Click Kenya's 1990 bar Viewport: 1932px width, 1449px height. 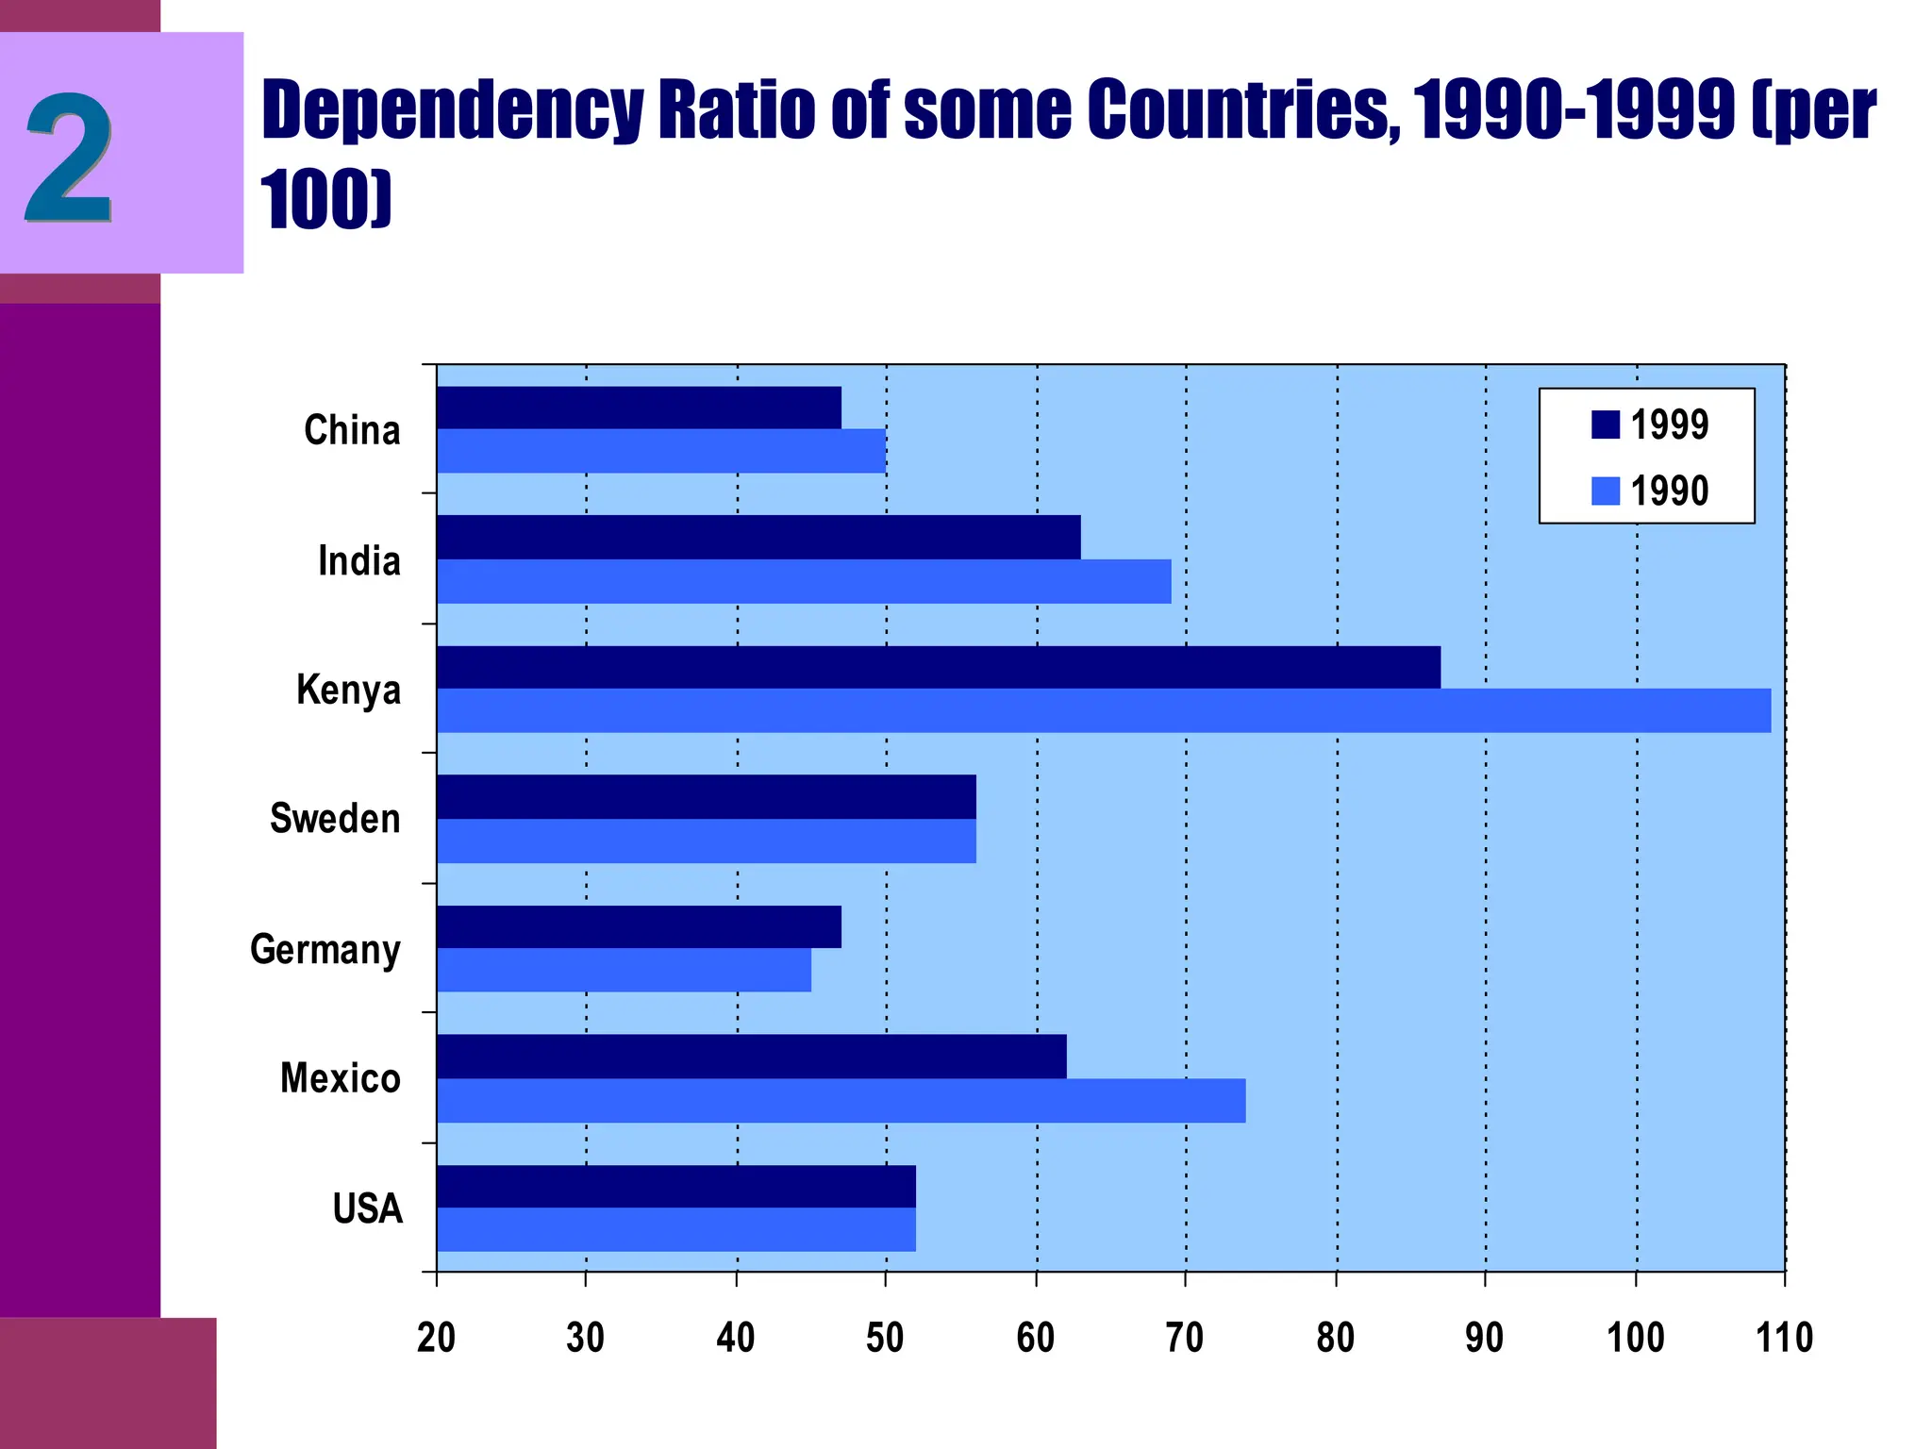click(1104, 710)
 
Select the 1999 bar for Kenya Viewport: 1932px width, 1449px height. click(939, 667)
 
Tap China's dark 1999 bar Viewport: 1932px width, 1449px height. click(639, 408)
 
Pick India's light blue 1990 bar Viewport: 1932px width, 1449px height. click(804, 581)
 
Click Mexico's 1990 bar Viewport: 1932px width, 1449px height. click(841, 1101)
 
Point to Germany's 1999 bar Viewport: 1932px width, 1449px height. click(639, 926)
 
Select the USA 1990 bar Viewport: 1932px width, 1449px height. click(675, 1229)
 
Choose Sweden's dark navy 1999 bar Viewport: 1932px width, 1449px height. click(706, 797)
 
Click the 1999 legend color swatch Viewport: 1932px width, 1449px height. click(1606, 425)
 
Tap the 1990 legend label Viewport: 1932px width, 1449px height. click(1670, 491)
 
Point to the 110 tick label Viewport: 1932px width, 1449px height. click(1784, 1338)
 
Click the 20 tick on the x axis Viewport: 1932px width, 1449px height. click(436, 1338)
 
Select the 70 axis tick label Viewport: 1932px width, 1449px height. click(1185, 1338)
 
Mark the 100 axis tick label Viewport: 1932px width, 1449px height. click(1635, 1338)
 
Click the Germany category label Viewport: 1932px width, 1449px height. click(325, 949)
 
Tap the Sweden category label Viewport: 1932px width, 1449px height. click(335, 818)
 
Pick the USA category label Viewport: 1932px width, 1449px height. click(367, 1208)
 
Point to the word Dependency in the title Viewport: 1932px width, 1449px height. click(453, 109)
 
